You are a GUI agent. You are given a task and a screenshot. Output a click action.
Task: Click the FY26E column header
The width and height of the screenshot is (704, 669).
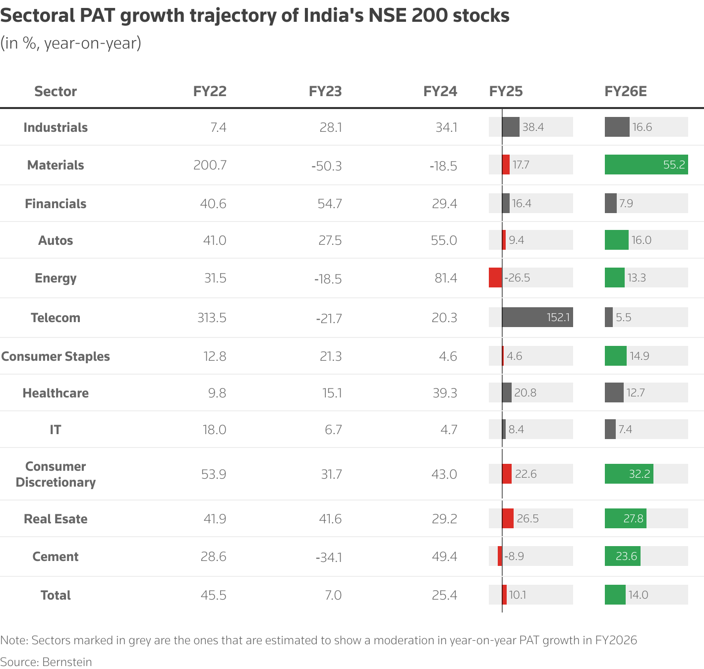[625, 91]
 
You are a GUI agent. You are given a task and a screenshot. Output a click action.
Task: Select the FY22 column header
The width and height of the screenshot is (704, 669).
[210, 91]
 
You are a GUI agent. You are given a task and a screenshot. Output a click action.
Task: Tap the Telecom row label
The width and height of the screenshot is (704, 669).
[56, 318]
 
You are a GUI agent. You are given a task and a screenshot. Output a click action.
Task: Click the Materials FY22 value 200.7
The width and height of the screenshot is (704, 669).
[210, 165]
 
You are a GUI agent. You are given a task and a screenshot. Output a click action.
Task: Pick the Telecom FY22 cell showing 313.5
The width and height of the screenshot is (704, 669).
[212, 318]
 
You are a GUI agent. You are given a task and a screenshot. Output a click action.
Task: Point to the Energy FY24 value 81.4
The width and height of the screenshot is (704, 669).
[446, 278]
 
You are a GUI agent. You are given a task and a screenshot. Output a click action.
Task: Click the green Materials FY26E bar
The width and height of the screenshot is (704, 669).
[646, 165]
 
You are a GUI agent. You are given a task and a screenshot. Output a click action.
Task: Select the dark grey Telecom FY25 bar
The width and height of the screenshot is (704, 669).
[537, 317]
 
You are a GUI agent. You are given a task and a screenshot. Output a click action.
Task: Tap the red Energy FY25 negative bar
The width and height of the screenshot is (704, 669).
[495, 278]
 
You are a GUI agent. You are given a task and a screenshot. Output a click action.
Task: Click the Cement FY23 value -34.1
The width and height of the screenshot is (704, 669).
[329, 557]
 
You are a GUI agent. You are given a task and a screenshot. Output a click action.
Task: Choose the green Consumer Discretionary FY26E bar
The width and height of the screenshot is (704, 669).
[629, 474]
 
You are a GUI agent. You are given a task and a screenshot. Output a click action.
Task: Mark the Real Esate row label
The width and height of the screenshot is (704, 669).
[56, 519]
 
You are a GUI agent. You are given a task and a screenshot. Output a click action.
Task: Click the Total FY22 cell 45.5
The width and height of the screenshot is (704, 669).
[213, 595]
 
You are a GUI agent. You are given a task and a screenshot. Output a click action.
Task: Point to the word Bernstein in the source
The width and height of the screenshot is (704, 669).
[67, 662]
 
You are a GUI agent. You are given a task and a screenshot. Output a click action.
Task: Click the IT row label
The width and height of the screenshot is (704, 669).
[56, 430]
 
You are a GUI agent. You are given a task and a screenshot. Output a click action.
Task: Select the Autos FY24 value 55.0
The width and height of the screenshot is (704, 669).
[444, 240]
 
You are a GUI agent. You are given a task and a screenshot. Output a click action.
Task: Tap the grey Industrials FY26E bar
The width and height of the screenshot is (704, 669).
[617, 127]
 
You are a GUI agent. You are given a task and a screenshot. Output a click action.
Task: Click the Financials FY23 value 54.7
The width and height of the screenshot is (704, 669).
[330, 204]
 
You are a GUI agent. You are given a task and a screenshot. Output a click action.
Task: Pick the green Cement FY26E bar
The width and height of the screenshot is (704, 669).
[622, 556]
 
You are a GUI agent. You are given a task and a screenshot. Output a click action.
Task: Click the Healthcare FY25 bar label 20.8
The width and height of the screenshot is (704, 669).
[525, 393]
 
